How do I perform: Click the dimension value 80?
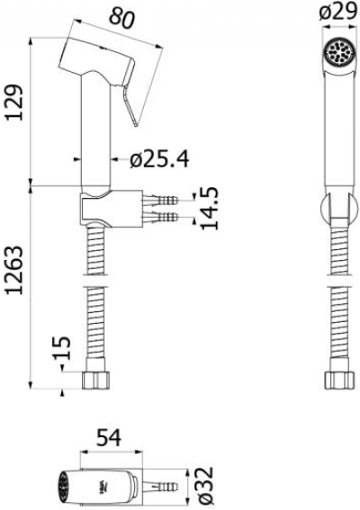click(121, 18)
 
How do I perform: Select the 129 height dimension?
click(14, 103)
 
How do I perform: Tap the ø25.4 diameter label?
click(159, 159)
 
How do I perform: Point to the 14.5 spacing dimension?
click(209, 209)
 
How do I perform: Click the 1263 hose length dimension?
click(14, 270)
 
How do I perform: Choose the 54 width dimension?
click(109, 437)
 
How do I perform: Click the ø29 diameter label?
click(338, 13)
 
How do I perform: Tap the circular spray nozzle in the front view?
click(337, 51)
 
